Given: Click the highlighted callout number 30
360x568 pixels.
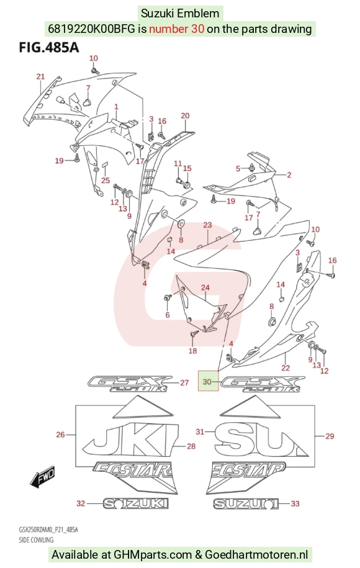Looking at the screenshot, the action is (207, 382).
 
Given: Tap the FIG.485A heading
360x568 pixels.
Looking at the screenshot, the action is (49, 47).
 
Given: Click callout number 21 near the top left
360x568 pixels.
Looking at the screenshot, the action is (40, 76).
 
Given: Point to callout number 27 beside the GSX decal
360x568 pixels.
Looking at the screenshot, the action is (184, 382).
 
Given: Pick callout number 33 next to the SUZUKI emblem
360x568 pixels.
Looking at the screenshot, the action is (295, 503).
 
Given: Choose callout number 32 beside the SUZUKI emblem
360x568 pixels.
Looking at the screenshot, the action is (81, 503).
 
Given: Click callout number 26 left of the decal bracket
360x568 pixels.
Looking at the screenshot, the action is (60, 434).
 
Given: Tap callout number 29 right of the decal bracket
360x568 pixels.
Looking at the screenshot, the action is (330, 436).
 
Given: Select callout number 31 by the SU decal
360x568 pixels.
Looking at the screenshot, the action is (200, 431).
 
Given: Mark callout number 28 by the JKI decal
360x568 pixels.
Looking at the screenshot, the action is (191, 446).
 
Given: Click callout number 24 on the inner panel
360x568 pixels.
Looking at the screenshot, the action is (205, 288).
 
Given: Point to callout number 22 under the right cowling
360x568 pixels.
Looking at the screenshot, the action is (286, 367).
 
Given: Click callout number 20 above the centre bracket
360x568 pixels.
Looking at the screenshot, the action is (185, 116).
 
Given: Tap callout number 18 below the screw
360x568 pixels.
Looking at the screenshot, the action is (192, 351).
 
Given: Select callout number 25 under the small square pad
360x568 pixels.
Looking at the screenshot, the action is (106, 181).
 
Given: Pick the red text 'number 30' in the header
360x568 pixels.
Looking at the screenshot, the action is (177, 29).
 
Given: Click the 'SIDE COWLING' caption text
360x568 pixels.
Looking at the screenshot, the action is (36, 539).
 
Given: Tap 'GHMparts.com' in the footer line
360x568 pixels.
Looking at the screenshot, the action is (153, 554).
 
